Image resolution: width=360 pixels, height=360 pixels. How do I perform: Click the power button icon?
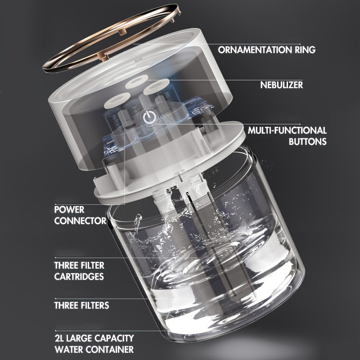[150, 117]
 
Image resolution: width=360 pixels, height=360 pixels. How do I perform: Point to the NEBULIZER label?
[282, 85]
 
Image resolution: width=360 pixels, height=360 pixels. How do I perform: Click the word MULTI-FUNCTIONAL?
[287, 130]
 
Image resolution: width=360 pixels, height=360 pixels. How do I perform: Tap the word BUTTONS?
[307, 141]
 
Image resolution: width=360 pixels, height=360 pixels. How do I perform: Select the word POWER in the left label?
[69, 210]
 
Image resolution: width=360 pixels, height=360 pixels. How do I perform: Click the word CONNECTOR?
[81, 220]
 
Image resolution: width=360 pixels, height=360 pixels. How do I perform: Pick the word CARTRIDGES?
[79, 276]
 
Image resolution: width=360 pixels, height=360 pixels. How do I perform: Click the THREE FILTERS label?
[82, 306]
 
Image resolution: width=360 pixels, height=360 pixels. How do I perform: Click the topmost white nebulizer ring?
[136, 82]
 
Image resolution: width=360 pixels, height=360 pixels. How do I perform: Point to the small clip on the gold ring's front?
[103, 56]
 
